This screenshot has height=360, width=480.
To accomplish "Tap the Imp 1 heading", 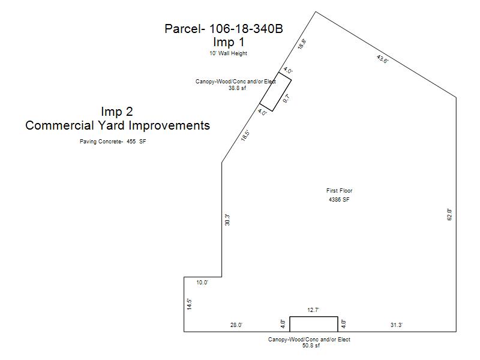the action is [229, 42].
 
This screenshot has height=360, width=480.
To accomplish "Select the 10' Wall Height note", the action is [229, 53].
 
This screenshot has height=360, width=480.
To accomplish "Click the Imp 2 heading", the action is [117, 112].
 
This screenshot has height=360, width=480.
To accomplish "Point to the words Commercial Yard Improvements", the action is [118, 125].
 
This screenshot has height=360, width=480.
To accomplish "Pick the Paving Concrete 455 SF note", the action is [113, 142].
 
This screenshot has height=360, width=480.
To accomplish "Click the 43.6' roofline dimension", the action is [382, 59].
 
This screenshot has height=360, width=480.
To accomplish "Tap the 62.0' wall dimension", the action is [449, 215].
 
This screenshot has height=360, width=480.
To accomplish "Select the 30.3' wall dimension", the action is [227, 220].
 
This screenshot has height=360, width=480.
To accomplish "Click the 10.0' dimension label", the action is [202, 283].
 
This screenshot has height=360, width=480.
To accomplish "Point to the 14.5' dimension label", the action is [190, 304].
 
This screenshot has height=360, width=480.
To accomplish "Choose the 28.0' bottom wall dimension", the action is [236, 325].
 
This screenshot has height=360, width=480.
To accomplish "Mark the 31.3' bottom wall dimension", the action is [397, 325].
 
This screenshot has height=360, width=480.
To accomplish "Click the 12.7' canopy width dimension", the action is [313, 310].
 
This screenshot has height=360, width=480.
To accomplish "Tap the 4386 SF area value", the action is [339, 200].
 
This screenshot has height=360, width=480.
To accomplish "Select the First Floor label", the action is [339, 190].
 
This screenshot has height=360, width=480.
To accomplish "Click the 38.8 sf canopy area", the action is [237, 88].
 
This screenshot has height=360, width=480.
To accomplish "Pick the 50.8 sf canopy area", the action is [311, 346].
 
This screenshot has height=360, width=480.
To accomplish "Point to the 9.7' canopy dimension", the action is [286, 98].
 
